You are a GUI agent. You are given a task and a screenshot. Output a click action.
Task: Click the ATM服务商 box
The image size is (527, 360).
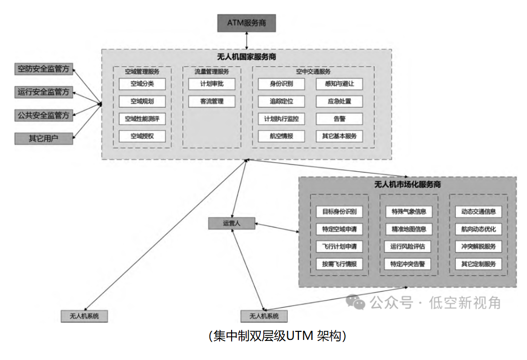point(246,23)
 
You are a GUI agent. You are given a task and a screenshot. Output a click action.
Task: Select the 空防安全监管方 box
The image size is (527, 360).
point(44,69)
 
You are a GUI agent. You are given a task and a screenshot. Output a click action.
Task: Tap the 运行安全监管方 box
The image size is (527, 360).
point(44,92)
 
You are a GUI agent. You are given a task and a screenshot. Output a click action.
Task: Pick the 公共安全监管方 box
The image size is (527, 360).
point(44,115)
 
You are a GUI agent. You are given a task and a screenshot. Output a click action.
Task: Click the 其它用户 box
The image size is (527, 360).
point(44,138)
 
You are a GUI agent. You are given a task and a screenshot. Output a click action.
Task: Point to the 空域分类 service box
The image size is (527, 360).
point(142,84)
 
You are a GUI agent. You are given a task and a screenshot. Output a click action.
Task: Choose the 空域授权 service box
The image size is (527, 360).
point(142,136)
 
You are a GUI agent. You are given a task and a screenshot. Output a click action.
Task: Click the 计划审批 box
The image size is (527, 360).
point(212,84)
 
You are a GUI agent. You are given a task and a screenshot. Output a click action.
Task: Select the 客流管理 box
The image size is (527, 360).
point(212,101)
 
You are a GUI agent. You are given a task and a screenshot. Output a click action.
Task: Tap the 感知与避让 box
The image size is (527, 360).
point(339,84)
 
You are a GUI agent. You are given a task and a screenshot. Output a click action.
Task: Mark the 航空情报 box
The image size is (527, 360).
point(281,136)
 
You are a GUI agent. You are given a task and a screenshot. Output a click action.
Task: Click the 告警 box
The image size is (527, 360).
point(339,119)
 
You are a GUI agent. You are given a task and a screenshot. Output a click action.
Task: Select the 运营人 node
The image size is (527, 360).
point(232,223)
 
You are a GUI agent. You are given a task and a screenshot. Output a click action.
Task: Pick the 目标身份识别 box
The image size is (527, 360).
point(339,211)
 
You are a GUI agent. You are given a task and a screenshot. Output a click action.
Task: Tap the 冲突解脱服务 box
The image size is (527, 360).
point(478,246)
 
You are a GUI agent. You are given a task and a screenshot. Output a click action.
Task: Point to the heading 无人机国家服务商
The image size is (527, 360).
point(246,57)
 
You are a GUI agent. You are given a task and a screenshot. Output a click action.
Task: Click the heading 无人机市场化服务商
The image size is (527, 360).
point(407,185)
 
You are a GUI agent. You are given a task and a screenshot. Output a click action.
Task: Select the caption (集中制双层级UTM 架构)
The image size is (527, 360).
point(277,336)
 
